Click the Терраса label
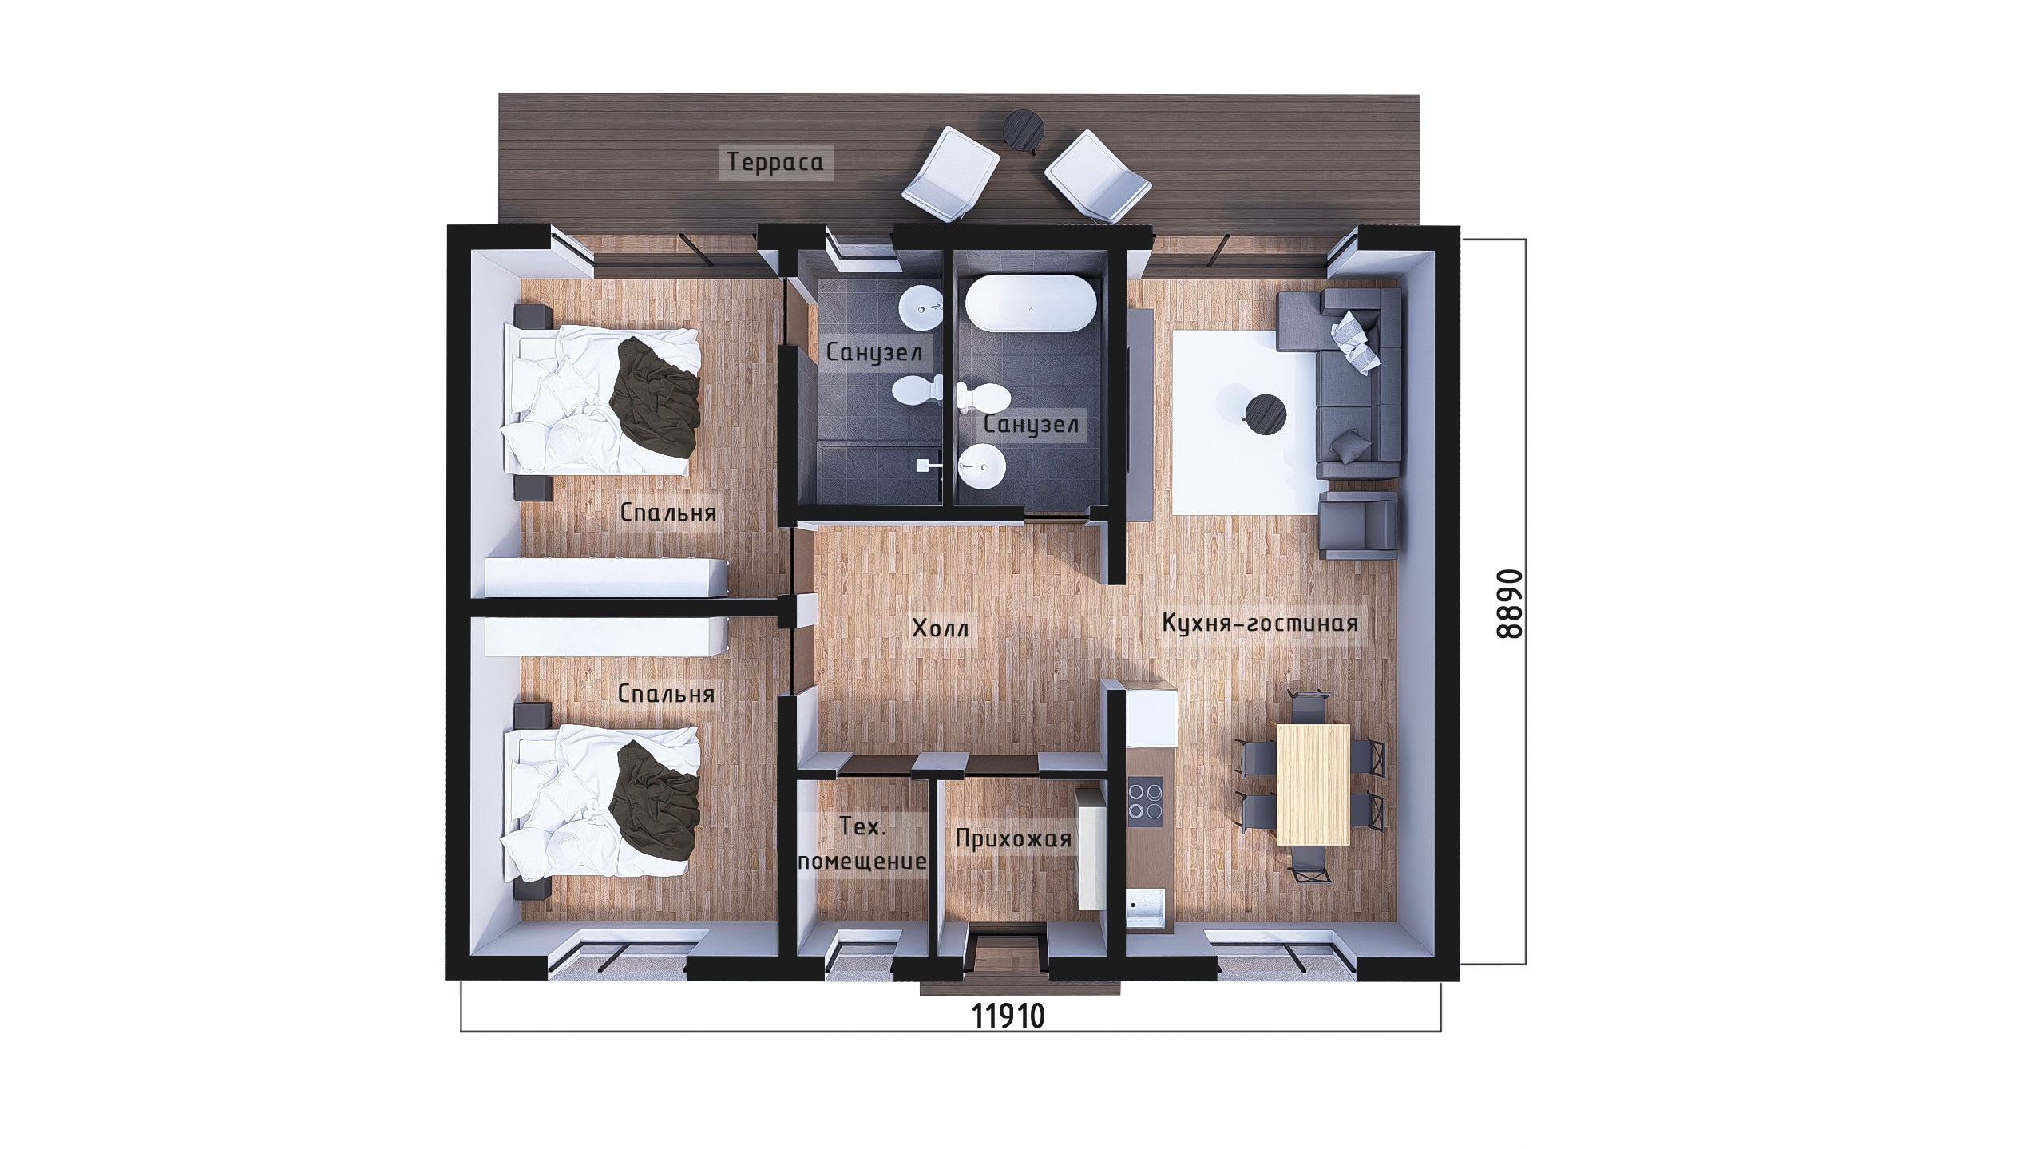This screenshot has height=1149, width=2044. point(774,164)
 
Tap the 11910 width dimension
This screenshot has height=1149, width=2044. point(1008,1039)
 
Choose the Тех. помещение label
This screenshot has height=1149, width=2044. point(862,846)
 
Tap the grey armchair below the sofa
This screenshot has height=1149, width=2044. point(1357,524)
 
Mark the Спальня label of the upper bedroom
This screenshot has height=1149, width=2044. point(667,513)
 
